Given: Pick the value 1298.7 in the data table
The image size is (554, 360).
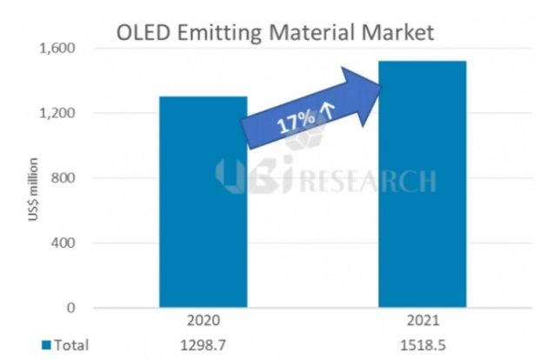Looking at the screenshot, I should click(203, 344).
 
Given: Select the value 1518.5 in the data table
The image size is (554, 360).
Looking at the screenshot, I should click(424, 344).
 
